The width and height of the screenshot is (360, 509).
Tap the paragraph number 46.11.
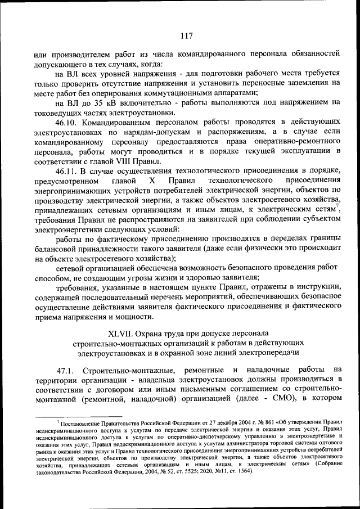(67, 170)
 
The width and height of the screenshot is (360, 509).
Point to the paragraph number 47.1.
(67, 369)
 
